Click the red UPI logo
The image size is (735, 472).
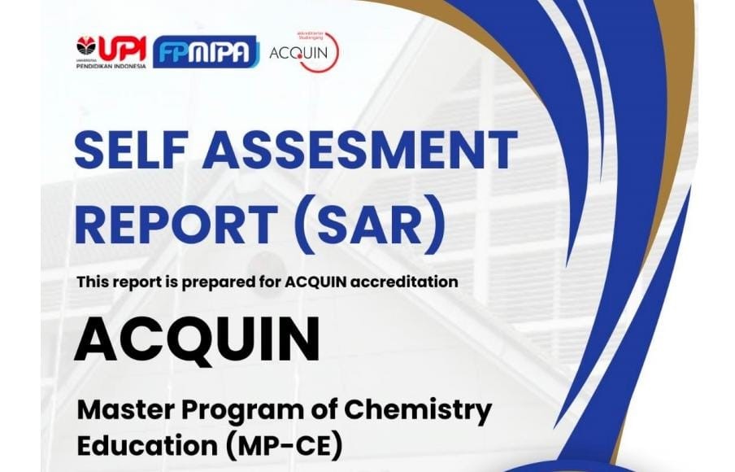111,51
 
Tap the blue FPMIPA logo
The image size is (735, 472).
207,51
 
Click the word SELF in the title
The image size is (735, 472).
132,150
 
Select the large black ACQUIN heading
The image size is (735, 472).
198,339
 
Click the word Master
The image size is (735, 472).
127,410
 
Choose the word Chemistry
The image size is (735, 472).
418,412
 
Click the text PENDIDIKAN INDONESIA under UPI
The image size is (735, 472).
111,66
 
